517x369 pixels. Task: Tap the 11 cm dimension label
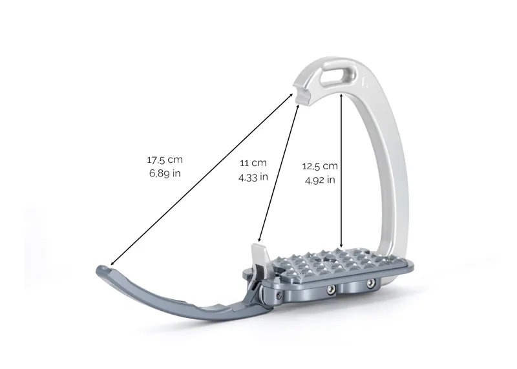253,163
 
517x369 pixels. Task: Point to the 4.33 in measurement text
253,178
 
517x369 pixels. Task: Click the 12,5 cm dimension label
320,166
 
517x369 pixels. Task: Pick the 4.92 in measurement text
320,181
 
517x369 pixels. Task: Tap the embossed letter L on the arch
363,83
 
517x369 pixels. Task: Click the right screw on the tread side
372,285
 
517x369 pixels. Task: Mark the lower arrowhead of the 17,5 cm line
111,264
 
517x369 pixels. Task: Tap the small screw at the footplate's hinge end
277,296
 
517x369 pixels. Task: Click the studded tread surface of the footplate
330,262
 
